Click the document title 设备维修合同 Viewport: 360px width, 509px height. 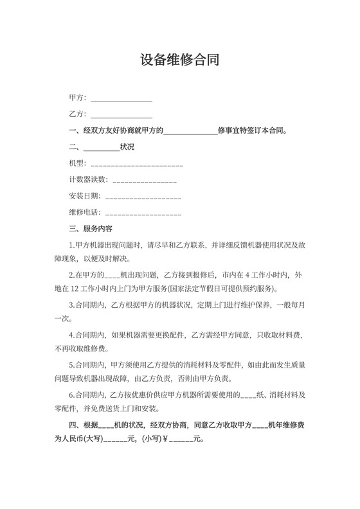[x=180, y=60]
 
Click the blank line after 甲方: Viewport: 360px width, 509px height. [x=122, y=99]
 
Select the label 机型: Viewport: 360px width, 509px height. [x=77, y=163]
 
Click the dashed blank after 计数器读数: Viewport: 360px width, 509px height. [x=145, y=180]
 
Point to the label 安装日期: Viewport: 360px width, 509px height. [x=85, y=196]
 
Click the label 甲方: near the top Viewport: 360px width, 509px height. [x=77, y=99]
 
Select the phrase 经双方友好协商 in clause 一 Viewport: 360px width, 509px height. [x=107, y=131]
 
